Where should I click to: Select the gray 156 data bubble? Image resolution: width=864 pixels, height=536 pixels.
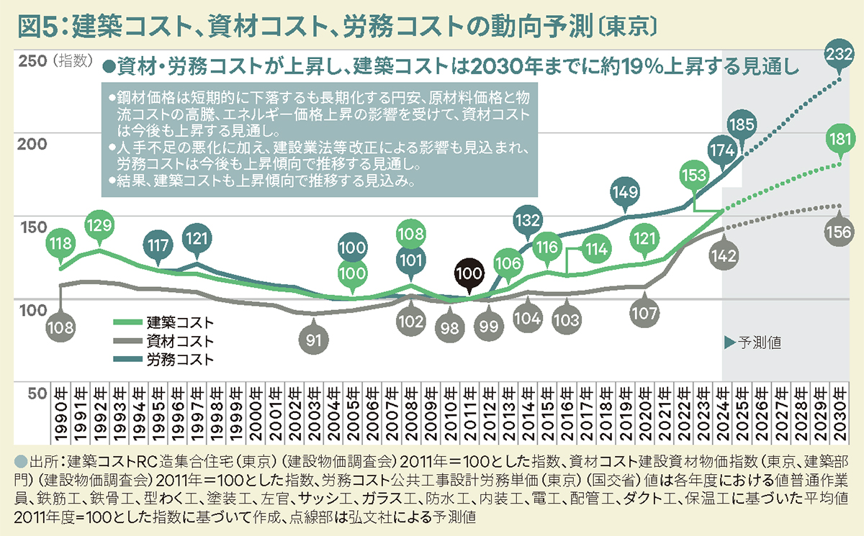(840, 232)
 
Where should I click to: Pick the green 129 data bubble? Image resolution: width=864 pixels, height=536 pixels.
(99, 224)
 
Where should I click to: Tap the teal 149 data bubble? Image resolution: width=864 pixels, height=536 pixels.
(624, 191)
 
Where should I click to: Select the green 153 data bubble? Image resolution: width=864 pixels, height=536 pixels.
(693, 176)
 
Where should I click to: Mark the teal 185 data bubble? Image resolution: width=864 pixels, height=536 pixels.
(741, 124)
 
